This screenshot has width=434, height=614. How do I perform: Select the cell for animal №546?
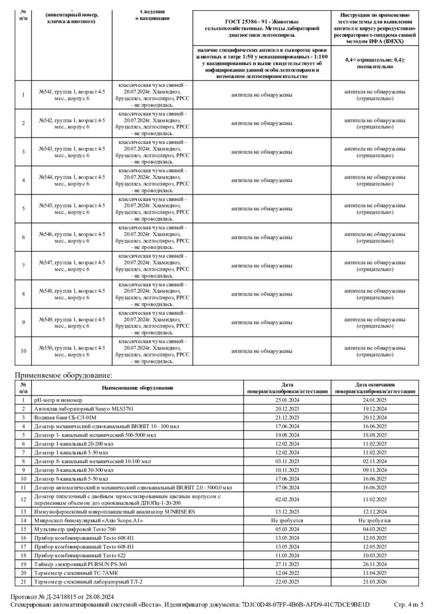click(72, 238)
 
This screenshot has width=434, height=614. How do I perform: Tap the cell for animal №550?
click(72, 351)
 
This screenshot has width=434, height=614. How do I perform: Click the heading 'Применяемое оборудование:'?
click(63, 375)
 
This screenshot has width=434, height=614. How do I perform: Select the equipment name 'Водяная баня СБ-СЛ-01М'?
click(65, 418)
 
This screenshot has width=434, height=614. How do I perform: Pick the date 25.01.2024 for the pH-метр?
click(288, 400)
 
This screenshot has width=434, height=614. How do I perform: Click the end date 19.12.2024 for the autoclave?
click(375, 408)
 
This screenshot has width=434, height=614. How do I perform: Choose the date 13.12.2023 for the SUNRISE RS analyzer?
click(288, 511)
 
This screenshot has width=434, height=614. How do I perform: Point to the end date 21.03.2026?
click(375, 581)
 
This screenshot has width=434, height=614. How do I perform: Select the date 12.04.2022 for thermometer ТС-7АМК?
click(288, 573)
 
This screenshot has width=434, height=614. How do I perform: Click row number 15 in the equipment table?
click(23, 529)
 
